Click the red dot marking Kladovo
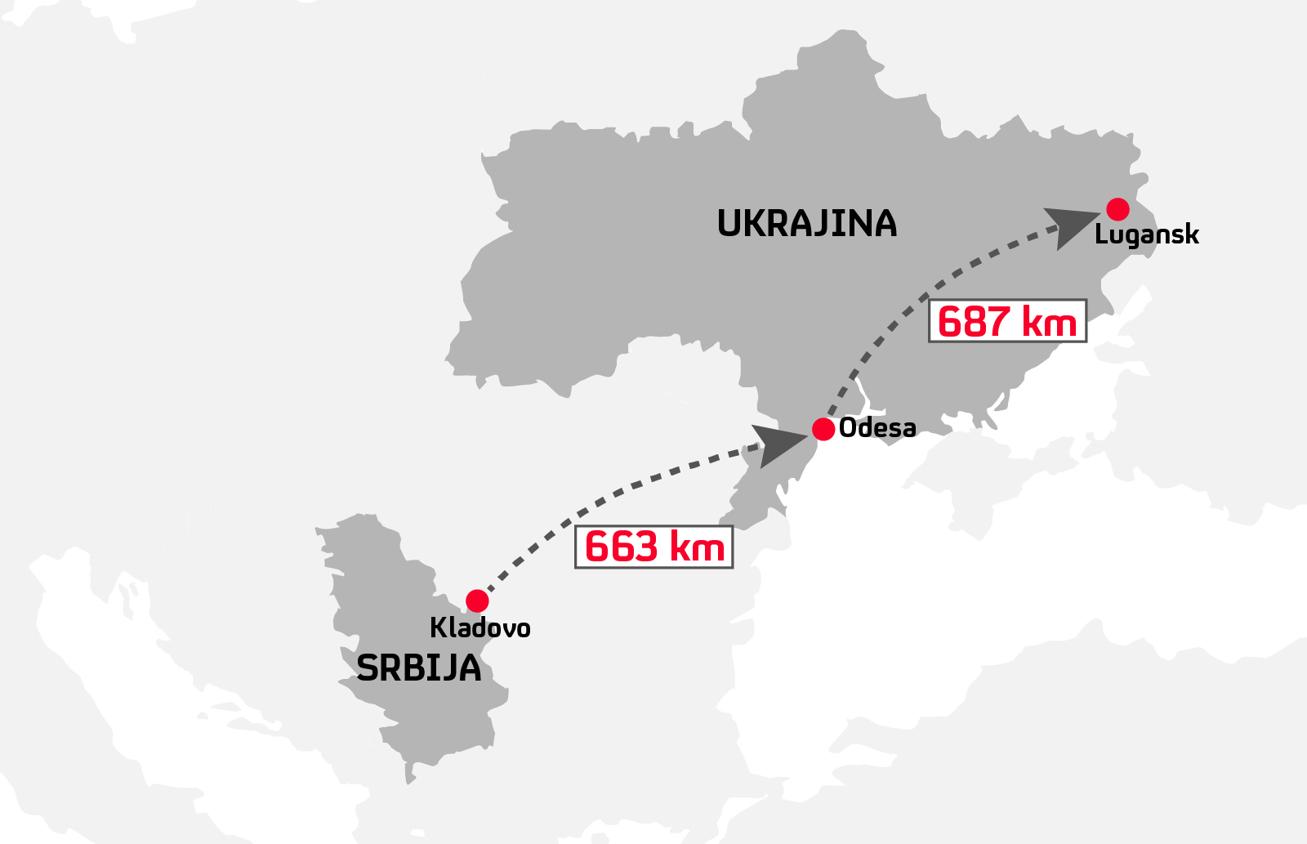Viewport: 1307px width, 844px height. pyautogui.click(x=477, y=601)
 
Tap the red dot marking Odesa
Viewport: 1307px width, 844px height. pyautogui.click(x=823, y=429)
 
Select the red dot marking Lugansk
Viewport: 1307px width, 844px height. pyautogui.click(x=1117, y=209)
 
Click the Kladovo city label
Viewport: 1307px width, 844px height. pyautogui.click(x=480, y=628)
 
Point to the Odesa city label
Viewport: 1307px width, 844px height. pyautogui.click(x=877, y=428)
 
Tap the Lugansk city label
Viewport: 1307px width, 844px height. pyautogui.click(x=1146, y=235)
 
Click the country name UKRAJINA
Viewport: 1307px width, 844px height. pyautogui.click(x=807, y=224)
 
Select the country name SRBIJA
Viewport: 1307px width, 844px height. pyautogui.click(x=419, y=669)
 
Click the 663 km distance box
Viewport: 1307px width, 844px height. pyautogui.click(x=653, y=547)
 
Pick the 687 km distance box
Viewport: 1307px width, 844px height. pyautogui.click(x=1007, y=320)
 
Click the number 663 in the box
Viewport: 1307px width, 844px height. pyautogui.click(x=622, y=547)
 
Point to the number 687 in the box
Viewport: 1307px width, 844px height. pyautogui.click(x=974, y=321)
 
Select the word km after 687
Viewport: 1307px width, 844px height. pyautogui.click(x=1049, y=322)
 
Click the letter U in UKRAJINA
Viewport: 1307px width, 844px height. pyautogui.click(x=729, y=224)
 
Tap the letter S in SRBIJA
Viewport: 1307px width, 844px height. pyautogui.click(x=368, y=669)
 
